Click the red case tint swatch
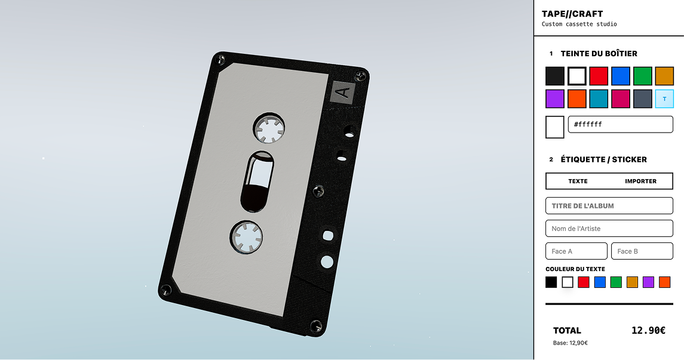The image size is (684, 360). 599,76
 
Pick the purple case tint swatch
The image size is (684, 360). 555,99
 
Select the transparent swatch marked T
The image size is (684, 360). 664,99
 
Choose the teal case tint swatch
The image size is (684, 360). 599,99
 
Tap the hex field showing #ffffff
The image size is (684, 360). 620,124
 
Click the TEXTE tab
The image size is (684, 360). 578,181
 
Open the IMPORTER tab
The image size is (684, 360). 640,181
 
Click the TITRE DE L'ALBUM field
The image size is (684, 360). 609,206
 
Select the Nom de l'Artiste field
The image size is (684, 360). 609,229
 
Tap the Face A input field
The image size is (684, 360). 576,251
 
